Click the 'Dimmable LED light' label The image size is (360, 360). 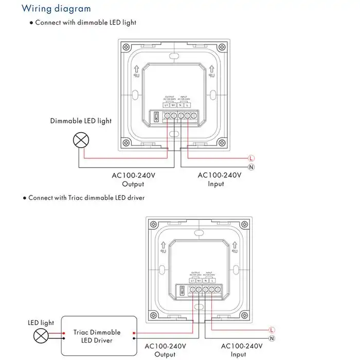pos(81,121)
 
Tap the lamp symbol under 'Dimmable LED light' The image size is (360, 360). pos(79,139)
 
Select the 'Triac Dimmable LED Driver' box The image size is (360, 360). pos(97,336)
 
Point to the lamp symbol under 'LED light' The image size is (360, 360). pos(41,336)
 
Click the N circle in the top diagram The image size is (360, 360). pos(251,167)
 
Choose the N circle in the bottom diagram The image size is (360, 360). pos(273,338)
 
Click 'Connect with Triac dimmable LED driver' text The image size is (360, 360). pos(86,197)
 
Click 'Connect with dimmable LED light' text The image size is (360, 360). pos(85,23)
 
